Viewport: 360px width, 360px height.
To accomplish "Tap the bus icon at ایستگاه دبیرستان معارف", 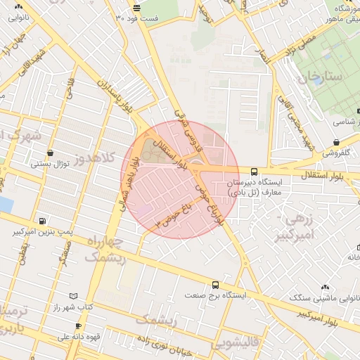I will (x=255, y=171).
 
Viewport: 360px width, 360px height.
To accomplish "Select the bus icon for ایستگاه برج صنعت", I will (x=214, y=285).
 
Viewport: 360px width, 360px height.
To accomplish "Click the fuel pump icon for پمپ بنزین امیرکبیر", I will (x=44, y=221).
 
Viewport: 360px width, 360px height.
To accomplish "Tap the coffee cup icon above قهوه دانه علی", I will (x=78, y=327).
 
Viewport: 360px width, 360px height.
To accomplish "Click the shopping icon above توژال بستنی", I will (x=49, y=153).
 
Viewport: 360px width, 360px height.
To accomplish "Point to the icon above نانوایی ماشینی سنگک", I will (x=324, y=287).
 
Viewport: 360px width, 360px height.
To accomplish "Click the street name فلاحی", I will (x=70, y=88).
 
